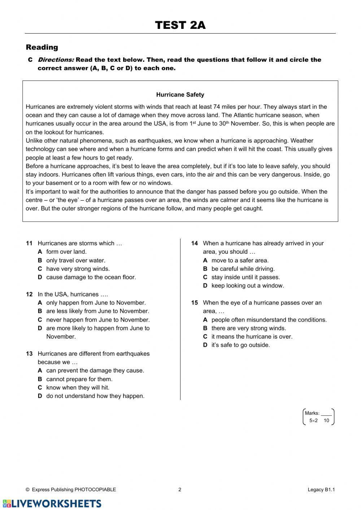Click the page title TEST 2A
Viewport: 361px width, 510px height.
point(180,25)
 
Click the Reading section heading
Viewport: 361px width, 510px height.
point(42,47)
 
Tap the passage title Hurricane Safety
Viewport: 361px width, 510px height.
point(180,95)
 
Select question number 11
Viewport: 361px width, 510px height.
point(29,243)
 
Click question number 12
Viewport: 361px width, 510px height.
point(29,294)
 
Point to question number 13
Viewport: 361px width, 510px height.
point(29,354)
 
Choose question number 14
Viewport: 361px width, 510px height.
point(195,243)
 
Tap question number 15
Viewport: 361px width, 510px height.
point(195,303)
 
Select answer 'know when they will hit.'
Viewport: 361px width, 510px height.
point(78,388)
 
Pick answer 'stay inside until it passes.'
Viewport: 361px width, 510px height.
point(245,277)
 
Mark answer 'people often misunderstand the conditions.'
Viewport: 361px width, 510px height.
point(269,320)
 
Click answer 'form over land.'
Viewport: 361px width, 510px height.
point(66,252)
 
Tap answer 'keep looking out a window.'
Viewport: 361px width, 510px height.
point(248,286)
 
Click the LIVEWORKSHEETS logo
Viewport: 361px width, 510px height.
point(52,504)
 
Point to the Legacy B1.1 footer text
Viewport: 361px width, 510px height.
point(321,490)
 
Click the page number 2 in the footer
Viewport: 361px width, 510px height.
point(180,490)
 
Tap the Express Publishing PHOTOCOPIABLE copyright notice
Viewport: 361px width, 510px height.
point(71,490)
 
